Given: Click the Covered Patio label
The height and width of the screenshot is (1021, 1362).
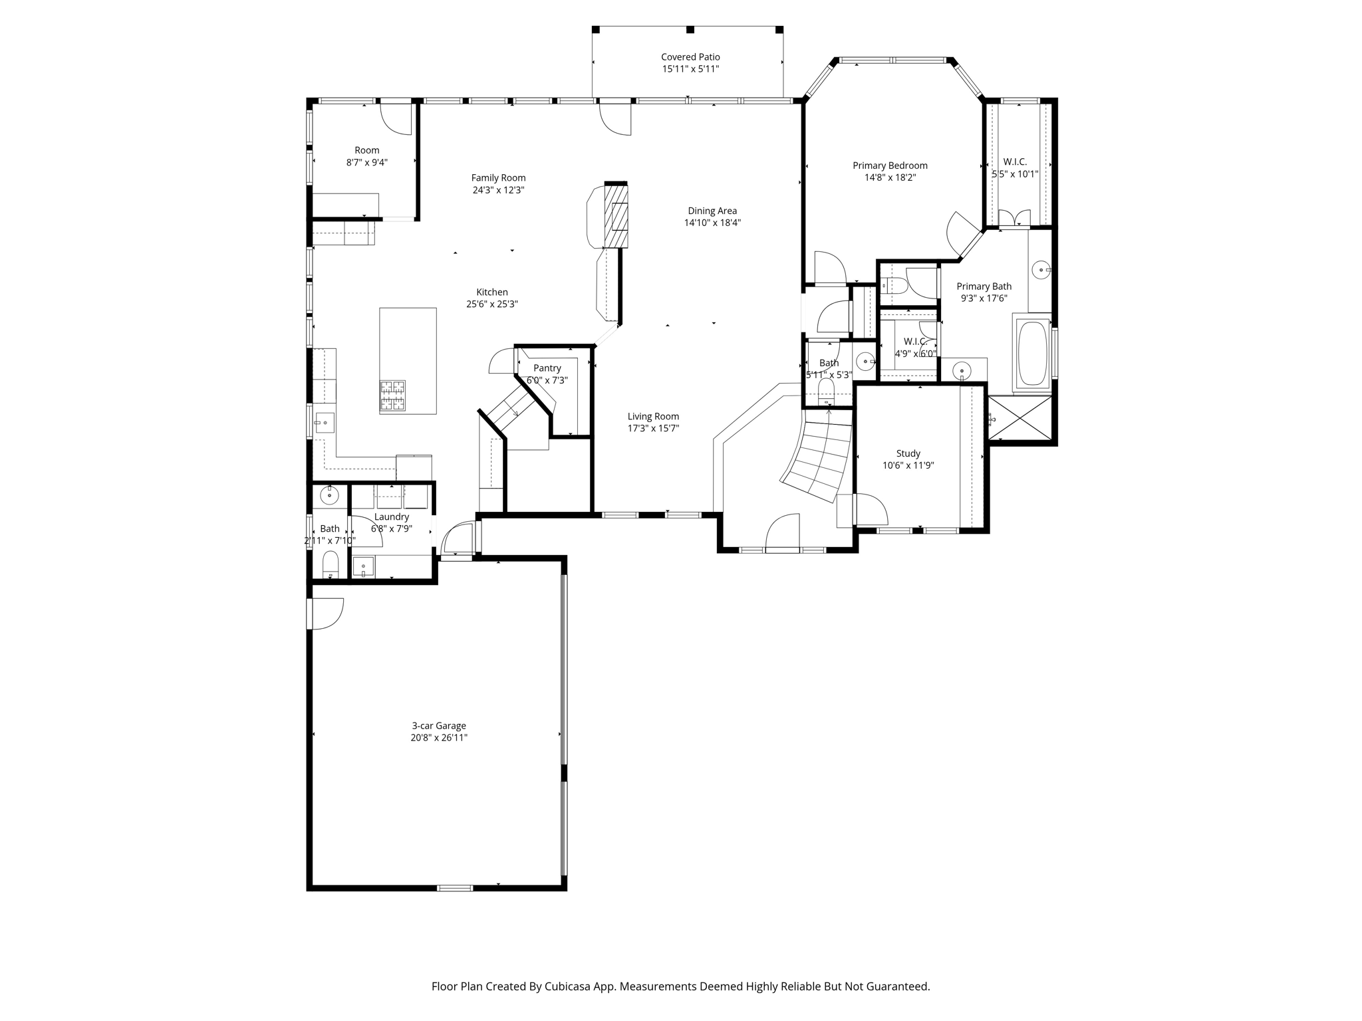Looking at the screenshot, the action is coord(690,57).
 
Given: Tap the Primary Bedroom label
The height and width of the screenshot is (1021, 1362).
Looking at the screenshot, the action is coord(890,166).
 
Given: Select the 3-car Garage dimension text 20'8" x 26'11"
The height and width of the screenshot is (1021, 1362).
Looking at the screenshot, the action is coord(439,738).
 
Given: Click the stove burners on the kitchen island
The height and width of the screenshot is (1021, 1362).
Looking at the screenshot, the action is coord(392,396).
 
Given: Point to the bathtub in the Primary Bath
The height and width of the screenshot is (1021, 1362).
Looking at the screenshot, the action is coord(1032,354).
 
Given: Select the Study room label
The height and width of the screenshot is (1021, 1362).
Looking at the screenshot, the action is coord(908,454).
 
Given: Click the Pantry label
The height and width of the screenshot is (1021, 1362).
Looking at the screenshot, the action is coord(547,368).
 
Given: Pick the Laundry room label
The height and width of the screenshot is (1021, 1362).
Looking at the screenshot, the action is coord(392,517).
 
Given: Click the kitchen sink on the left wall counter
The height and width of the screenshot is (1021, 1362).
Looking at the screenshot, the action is coord(325,422).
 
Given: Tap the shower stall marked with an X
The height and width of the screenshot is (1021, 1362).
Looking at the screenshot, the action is coord(1020,418).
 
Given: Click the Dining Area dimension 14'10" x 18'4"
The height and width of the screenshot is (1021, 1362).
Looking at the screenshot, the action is coord(712,223).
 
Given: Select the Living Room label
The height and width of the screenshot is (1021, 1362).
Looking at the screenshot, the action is coord(653,417).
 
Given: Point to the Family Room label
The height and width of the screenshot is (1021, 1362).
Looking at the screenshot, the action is coord(498,178).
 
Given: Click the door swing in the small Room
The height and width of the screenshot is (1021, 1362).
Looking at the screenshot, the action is coord(396,120).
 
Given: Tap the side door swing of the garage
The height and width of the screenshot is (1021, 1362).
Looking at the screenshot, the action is coord(328,614).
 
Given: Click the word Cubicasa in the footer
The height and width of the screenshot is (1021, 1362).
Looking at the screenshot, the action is coord(568,986).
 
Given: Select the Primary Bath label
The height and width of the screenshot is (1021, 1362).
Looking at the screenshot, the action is coord(984,286).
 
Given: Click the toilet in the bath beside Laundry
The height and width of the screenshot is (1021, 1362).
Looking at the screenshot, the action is coord(331,565).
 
